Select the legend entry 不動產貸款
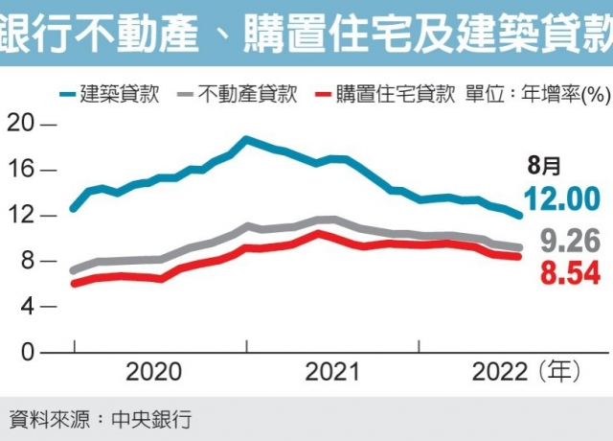(x=250, y=95)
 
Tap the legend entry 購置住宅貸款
(x=394, y=95)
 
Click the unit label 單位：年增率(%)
(x=538, y=95)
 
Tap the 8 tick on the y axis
(x=27, y=261)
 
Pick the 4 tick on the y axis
(x=27, y=307)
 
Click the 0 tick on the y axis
(x=27, y=353)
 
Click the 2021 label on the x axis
(x=333, y=372)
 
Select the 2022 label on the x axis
(x=498, y=372)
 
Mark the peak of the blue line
(x=246, y=140)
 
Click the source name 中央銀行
(x=152, y=419)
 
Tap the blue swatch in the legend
(x=65, y=95)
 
